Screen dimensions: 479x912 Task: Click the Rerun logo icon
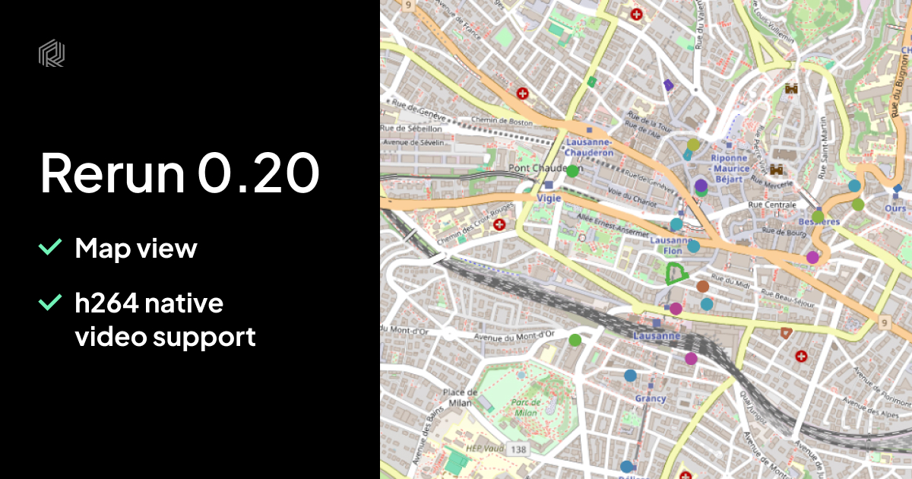(52, 52)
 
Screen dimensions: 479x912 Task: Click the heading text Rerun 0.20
(179, 173)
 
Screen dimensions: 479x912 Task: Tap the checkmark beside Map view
(50, 246)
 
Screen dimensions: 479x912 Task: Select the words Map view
(136, 248)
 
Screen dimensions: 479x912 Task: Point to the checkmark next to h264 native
(50, 303)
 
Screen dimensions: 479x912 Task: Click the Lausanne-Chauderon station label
(589, 147)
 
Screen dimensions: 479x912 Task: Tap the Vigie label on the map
(549, 197)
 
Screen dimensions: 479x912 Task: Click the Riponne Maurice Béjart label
(730, 163)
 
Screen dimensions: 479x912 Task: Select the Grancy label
(651, 398)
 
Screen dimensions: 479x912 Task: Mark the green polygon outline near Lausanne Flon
(675, 273)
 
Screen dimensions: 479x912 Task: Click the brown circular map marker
(702, 287)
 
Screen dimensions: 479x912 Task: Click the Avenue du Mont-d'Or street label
(515, 335)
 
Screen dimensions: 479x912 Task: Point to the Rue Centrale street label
(773, 205)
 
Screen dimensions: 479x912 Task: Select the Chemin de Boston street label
(501, 120)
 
